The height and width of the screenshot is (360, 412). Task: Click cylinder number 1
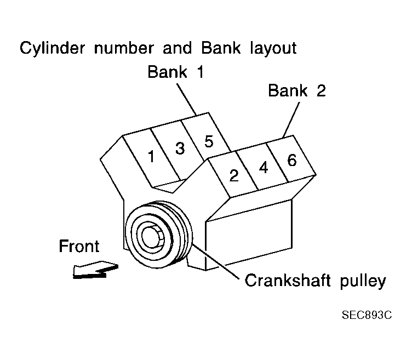click(151, 157)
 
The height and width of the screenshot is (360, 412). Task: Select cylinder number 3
click(180, 148)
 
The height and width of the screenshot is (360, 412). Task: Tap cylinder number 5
click(208, 141)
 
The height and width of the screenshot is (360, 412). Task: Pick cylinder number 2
click(234, 175)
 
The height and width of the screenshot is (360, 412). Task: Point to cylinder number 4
click(264, 168)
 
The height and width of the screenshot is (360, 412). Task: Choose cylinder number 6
click(291, 160)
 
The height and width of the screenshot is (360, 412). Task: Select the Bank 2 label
click(296, 90)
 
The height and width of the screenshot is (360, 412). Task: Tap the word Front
click(79, 247)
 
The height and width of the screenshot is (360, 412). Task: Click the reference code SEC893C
click(367, 316)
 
